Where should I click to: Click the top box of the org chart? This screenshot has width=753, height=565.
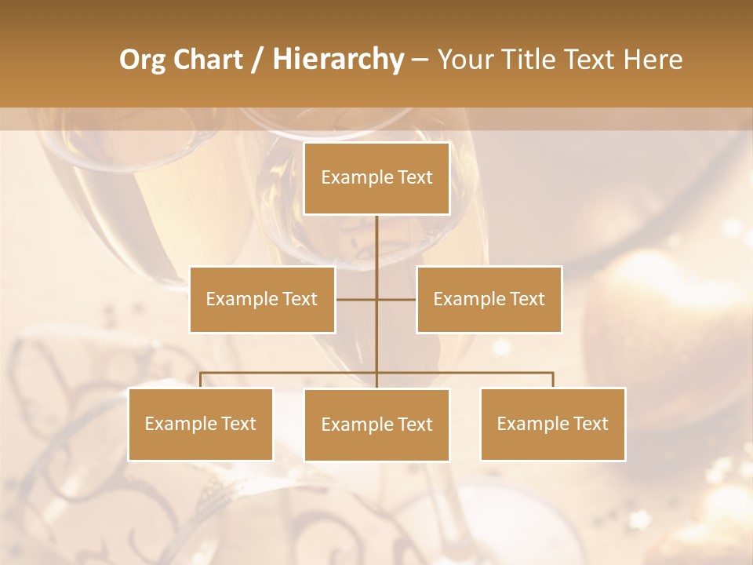[x=376, y=178]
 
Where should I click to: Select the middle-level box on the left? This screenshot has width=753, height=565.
[x=262, y=299]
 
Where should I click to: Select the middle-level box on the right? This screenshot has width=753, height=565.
[x=489, y=299]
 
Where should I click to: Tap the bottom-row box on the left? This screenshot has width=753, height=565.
[x=201, y=424]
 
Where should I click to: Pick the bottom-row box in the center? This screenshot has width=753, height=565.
[x=376, y=425]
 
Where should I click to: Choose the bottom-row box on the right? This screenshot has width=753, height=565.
[x=552, y=424]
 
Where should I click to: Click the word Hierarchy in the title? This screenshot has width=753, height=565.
[x=338, y=60]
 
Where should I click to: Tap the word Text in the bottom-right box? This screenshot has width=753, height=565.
[x=590, y=424]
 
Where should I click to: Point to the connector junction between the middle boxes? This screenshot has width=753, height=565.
[x=376, y=299]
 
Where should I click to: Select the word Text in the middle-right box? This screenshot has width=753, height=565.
[x=526, y=299]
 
